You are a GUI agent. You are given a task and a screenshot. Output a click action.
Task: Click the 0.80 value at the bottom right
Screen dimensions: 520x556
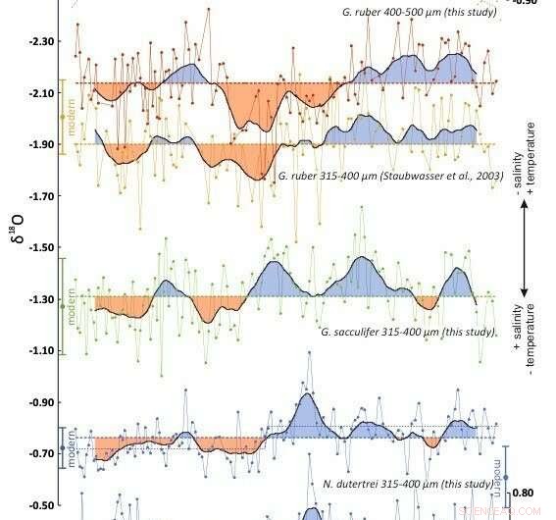tap(524, 494)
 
